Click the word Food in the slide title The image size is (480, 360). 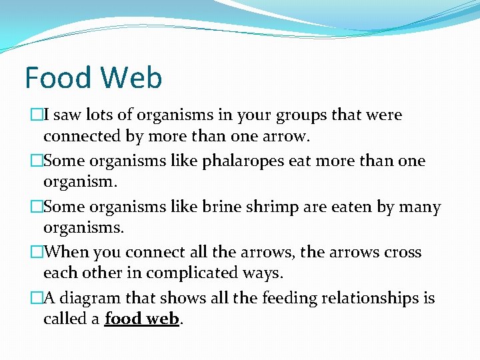(x=57, y=78)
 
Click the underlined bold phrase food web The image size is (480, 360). (x=142, y=319)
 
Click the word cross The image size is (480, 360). (x=401, y=253)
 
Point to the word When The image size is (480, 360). (x=67, y=253)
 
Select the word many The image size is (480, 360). (x=419, y=207)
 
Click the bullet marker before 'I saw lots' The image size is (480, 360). (x=37, y=115)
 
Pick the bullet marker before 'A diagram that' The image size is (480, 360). (x=37, y=299)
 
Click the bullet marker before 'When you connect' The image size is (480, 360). (x=37, y=253)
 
